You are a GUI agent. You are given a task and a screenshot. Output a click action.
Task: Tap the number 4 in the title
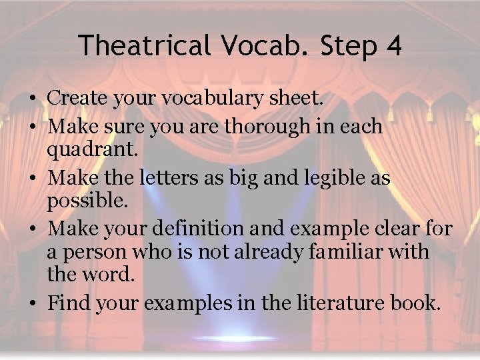pos(393,45)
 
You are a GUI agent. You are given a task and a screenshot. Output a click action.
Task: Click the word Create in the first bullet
pos(77,99)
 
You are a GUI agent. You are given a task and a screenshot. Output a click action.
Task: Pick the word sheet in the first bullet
pos(299,99)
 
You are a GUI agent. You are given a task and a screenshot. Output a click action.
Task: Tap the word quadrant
pos(92,151)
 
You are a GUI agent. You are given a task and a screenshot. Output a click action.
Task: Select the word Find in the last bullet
pos(70,303)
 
